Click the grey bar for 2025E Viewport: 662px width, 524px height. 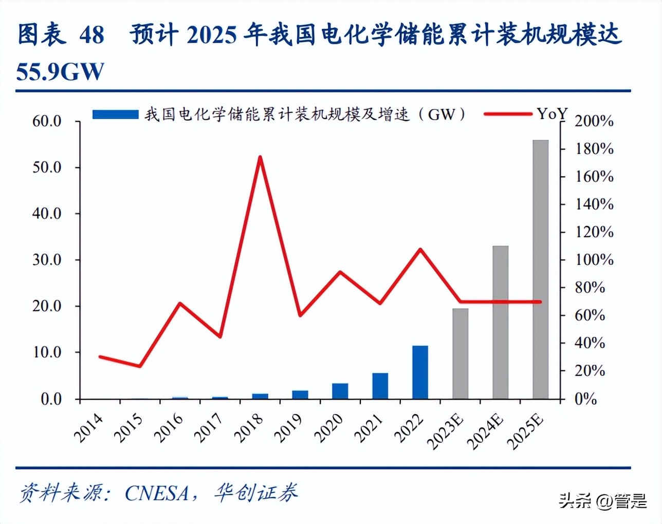540,269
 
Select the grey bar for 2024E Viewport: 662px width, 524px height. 500,322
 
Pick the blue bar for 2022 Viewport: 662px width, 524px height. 420,372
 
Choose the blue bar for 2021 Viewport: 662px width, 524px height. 380,386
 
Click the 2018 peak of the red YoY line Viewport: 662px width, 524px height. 260,157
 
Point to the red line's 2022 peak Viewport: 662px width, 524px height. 420,250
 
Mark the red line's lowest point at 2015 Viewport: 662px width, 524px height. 140,366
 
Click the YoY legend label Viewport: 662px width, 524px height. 551,114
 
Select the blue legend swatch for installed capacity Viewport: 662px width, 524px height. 115,114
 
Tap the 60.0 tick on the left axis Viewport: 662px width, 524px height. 47,121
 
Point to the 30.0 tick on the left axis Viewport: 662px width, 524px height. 47,260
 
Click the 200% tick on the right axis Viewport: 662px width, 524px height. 594,121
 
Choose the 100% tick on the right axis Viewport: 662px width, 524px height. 594,260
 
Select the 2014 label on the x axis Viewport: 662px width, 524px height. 88,428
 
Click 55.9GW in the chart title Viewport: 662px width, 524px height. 60,72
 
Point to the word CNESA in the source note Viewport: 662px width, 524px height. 157,493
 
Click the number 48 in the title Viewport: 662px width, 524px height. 91,35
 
